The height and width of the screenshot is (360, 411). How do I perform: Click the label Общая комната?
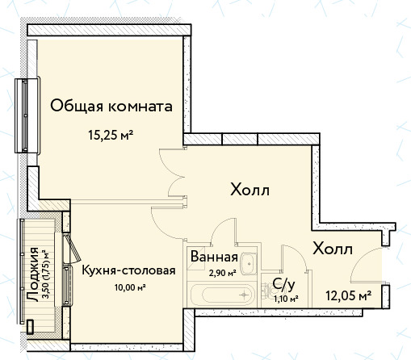(111, 107)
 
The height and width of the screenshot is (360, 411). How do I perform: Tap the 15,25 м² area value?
(111, 135)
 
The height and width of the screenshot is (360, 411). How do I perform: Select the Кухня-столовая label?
(128, 270)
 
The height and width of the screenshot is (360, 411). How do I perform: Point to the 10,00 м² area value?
(130, 287)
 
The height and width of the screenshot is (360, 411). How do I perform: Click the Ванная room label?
(214, 257)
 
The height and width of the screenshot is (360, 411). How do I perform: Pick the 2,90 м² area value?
(223, 274)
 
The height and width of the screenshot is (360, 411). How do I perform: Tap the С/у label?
(283, 285)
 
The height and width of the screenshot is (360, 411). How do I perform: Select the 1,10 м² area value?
(286, 299)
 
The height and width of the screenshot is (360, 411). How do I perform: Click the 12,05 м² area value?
(349, 296)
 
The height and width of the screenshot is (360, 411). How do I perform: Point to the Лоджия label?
(33, 274)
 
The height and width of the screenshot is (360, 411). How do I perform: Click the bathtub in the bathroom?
(221, 295)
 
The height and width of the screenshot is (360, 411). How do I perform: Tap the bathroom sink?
(249, 264)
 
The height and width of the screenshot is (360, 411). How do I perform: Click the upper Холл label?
(250, 190)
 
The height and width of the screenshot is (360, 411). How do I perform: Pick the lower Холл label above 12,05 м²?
(333, 249)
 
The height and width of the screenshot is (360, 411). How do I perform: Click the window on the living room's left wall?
(27, 115)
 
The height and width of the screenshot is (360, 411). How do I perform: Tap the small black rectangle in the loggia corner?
(30, 327)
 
